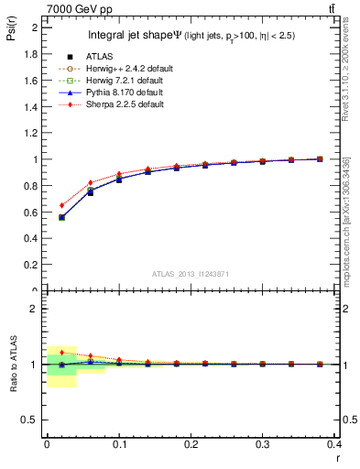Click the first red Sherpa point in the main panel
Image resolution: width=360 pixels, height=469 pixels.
(61, 205)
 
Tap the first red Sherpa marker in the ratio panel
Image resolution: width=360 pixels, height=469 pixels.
(61, 353)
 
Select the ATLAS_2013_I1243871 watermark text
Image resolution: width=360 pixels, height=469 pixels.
(189, 274)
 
